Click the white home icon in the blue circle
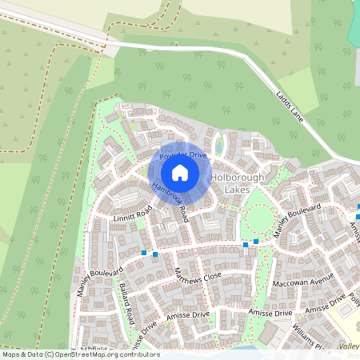point(180,173)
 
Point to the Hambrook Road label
point(170,202)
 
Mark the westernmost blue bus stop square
point(144,254)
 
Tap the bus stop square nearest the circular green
point(256,241)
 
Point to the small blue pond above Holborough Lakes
point(218,147)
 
